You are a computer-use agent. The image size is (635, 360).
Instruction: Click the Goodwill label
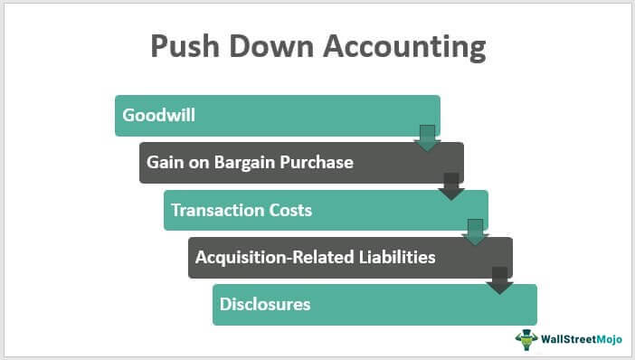[x=159, y=116]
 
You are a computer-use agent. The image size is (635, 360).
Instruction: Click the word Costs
[x=289, y=210]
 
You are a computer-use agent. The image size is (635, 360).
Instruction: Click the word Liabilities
[x=393, y=257]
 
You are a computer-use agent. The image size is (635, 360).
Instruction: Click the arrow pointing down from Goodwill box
[x=426, y=138]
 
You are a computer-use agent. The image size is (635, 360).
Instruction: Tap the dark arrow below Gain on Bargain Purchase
[x=450, y=185]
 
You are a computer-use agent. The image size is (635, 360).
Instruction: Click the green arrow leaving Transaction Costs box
[x=475, y=232]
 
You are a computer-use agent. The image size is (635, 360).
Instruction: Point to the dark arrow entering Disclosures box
[x=499, y=279]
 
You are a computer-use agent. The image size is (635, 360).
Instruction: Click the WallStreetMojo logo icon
[x=527, y=339]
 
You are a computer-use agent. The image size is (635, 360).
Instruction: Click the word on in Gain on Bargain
[x=196, y=163]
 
